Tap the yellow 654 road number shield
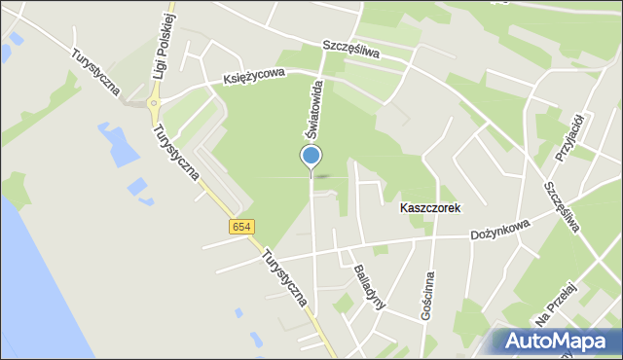click(242, 227)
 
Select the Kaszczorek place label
click(429, 208)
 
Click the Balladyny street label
click(370, 285)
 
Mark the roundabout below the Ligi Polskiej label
click(153, 102)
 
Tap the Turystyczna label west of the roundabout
click(94, 73)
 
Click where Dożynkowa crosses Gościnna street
click(433, 238)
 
